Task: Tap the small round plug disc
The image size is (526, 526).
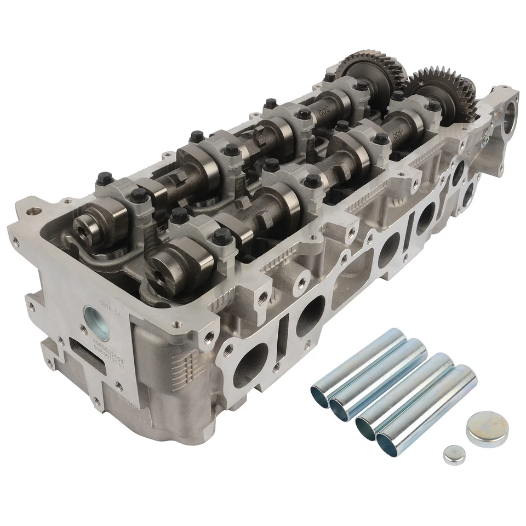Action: pos(453,455)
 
